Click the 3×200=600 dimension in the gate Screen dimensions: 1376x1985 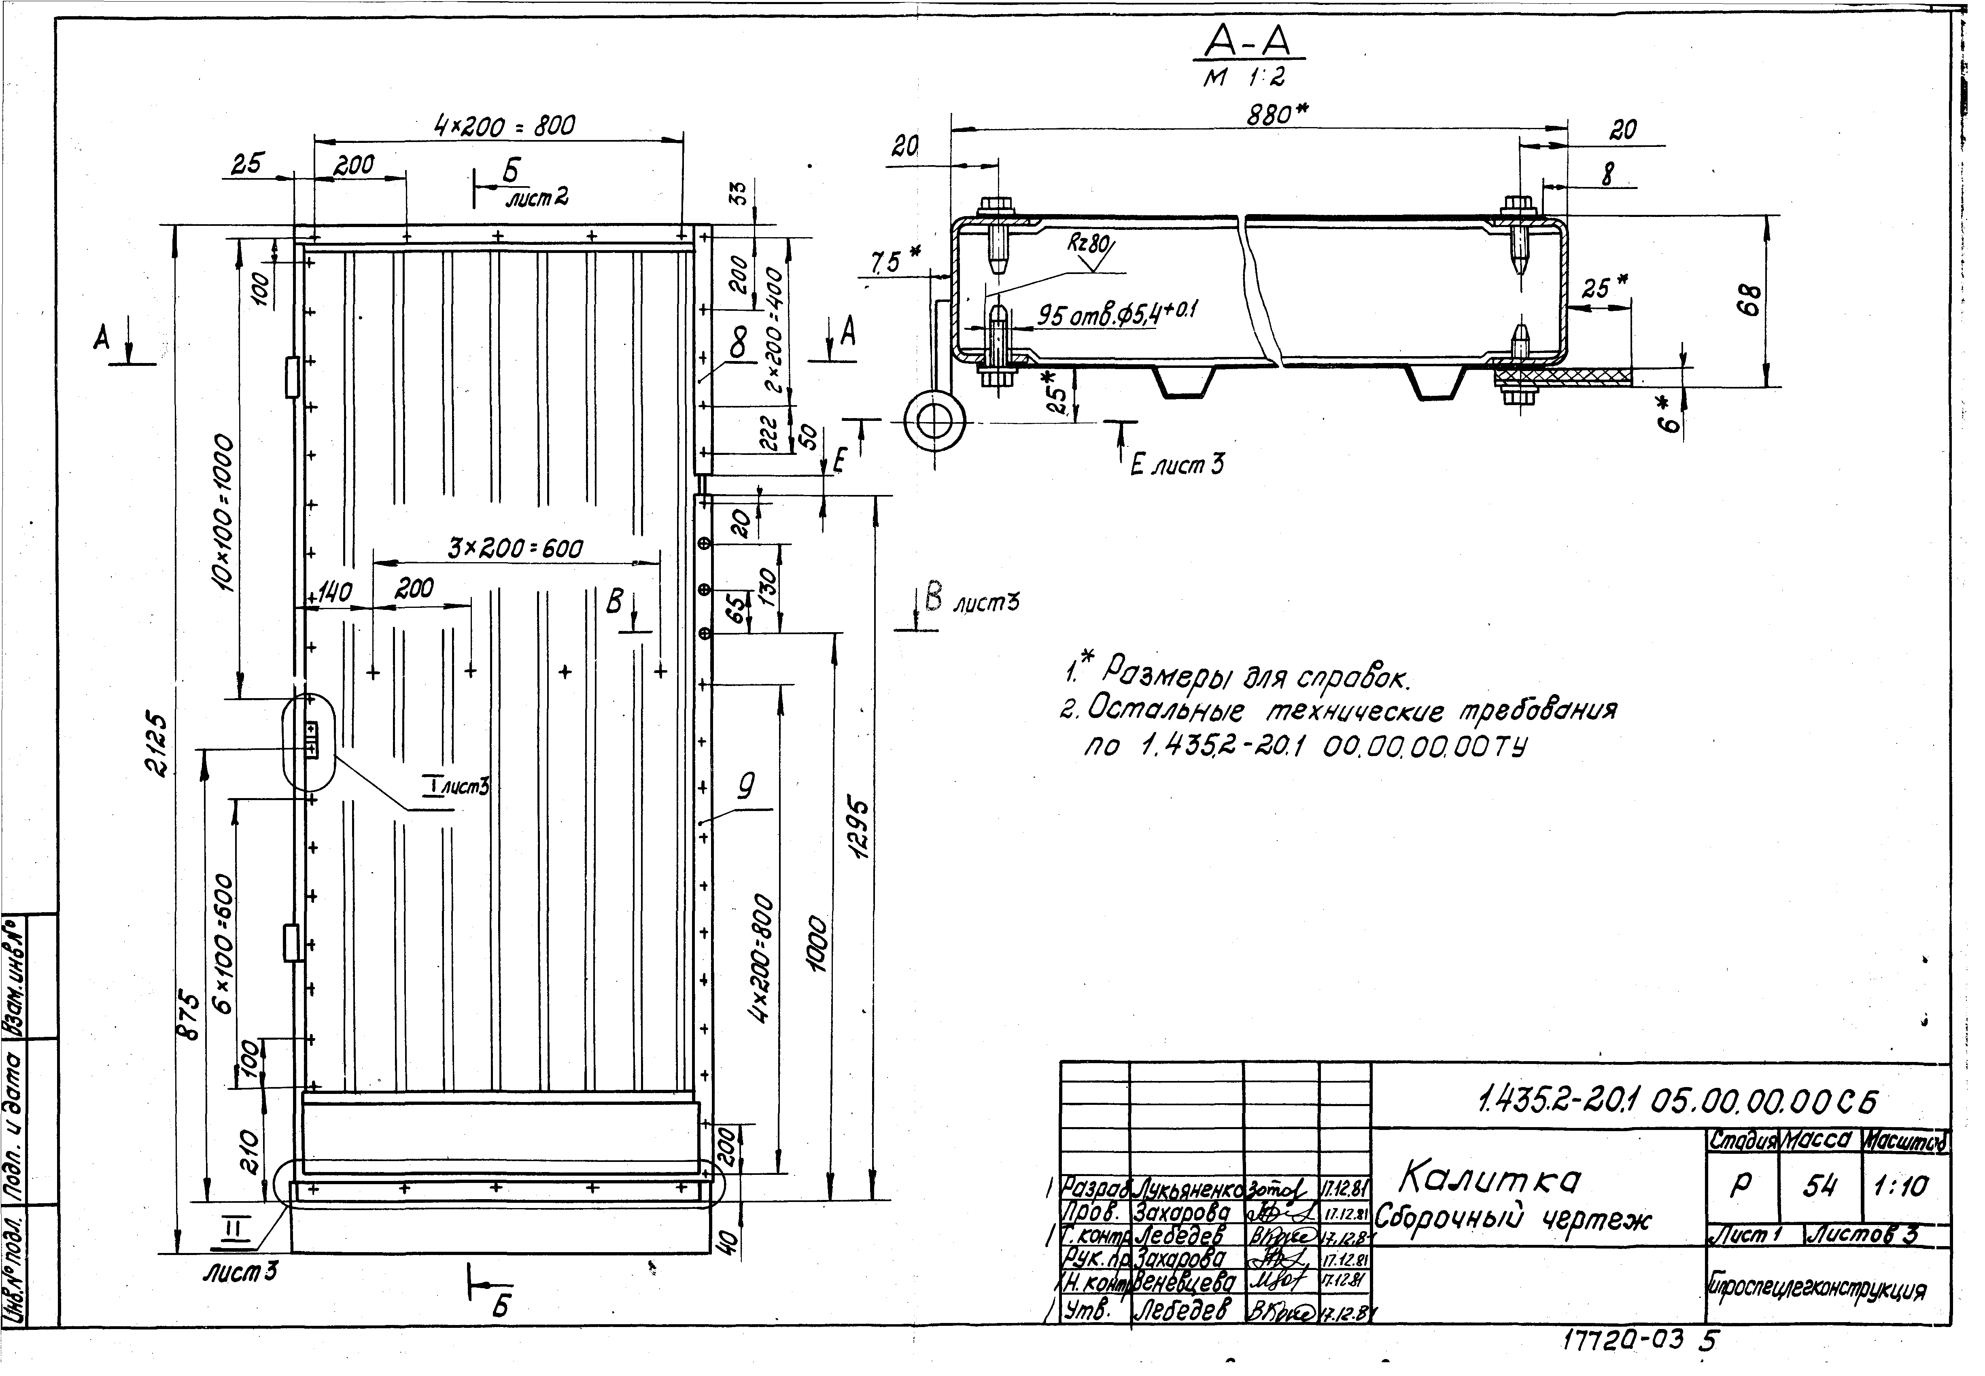coord(516,548)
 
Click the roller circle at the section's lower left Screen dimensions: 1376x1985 coord(934,422)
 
